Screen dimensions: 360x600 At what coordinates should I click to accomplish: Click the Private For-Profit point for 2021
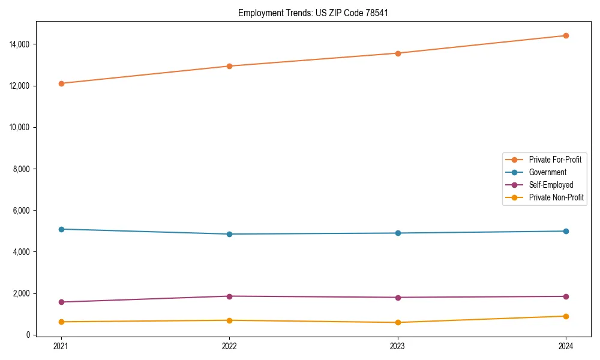coord(61,83)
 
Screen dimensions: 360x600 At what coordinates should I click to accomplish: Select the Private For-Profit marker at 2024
coord(566,35)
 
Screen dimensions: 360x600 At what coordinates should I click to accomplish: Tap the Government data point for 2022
coord(229,234)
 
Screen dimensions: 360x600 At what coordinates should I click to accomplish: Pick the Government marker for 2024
coord(566,231)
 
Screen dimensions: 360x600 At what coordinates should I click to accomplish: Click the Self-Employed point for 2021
coord(61,302)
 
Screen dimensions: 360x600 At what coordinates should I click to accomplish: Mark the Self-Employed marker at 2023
coord(398,298)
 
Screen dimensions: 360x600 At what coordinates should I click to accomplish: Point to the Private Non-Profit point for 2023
coord(398,322)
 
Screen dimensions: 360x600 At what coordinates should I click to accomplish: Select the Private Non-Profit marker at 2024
coord(566,316)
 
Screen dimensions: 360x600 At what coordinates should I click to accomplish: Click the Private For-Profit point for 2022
coord(229,66)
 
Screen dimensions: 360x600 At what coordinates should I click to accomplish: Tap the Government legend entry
coord(547,172)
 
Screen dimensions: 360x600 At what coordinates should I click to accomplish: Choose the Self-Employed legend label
coord(551,185)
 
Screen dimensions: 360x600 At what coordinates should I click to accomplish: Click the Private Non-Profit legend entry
coord(556,197)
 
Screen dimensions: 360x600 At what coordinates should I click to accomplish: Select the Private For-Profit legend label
coord(555,160)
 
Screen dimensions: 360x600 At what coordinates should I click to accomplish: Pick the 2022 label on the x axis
coord(229,346)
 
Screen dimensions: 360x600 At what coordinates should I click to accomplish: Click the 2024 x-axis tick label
coord(566,346)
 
